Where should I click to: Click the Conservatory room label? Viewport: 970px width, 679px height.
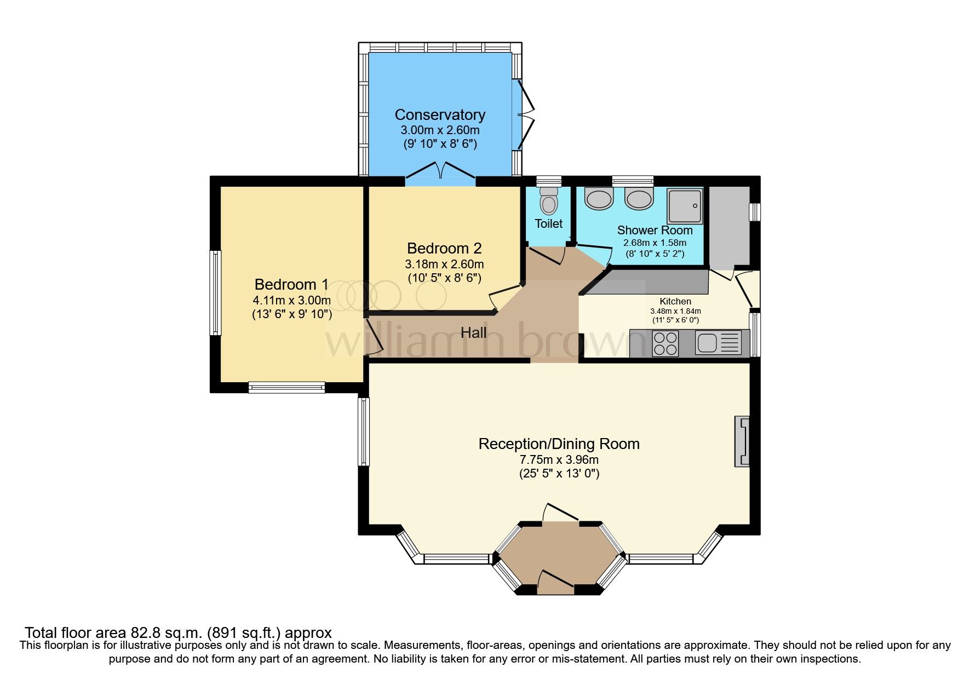440,115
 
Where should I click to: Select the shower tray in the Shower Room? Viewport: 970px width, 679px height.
685,206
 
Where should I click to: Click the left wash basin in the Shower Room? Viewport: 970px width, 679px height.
598,199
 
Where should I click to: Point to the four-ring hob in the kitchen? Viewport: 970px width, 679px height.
665,343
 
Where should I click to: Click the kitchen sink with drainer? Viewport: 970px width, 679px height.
718,343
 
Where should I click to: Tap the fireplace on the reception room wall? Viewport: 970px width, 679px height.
742,441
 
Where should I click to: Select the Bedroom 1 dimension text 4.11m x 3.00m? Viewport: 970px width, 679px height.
291,300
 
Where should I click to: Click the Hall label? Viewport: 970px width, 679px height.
473,332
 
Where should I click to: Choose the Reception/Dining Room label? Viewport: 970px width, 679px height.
559,444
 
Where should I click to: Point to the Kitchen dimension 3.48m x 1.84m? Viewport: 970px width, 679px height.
675,311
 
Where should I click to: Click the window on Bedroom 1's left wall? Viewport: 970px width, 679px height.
216,293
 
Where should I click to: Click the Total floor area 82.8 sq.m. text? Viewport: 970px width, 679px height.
178,633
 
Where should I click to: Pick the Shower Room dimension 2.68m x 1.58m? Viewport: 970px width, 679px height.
655,243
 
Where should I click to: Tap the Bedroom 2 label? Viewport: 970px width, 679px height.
444,248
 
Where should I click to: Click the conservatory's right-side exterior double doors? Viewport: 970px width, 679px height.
525,116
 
